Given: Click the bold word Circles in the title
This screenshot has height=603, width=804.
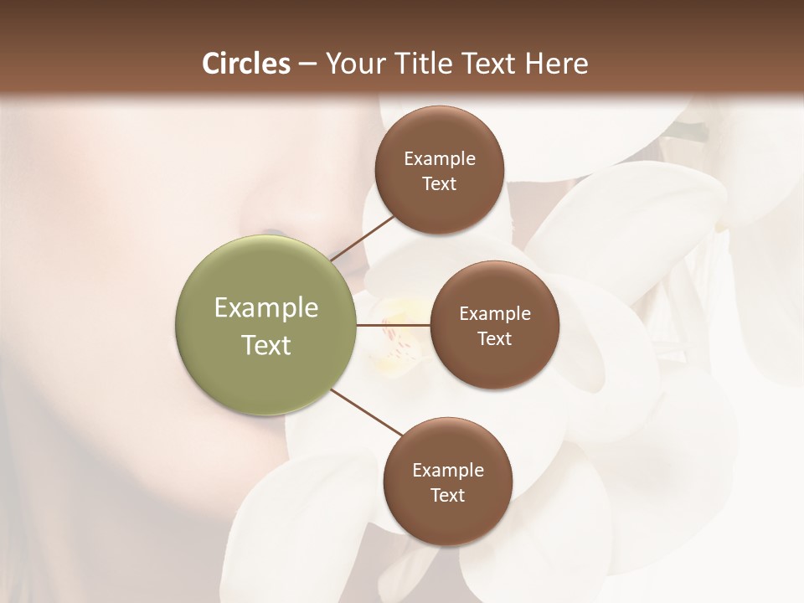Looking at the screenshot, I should pos(246,64).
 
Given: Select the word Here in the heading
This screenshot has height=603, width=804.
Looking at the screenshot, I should pos(557,64).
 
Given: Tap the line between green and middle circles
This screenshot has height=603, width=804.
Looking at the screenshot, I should pos(394,325).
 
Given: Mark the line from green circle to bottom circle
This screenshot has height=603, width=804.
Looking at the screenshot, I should pos(366,413).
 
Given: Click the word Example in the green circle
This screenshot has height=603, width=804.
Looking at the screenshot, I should pos(266,308).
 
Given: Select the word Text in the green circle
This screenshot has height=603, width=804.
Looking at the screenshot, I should pos(266,345).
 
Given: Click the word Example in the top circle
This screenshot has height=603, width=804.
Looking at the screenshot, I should pos(440,159).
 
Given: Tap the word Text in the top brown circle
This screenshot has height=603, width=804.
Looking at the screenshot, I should pos(440,184).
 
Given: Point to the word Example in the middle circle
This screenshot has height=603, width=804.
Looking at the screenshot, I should pos(495,314).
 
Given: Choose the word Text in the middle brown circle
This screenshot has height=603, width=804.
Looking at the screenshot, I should pos(495,339).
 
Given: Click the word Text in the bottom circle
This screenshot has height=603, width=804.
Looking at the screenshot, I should pos(448,496).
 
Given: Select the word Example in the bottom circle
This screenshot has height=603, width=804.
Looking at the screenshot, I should pos(448,471).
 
